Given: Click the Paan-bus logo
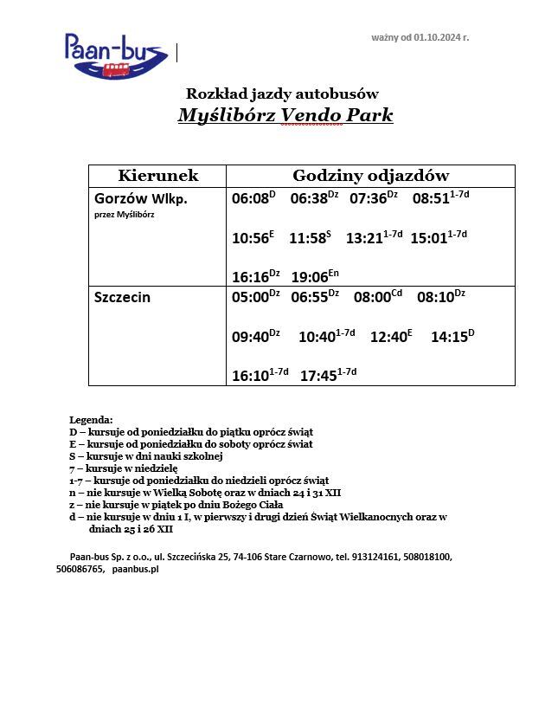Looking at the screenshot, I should tap(116, 55).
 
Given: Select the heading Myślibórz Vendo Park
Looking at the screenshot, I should tap(285, 115).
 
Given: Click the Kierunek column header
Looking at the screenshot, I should tap(157, 176).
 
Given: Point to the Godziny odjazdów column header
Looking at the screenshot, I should tap(370, 176).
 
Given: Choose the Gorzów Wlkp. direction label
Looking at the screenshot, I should tap(140, 198).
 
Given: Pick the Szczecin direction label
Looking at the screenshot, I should tap(122, 297).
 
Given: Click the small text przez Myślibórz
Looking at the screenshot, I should tap(124, 215).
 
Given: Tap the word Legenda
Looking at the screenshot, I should tap(90, 419).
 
